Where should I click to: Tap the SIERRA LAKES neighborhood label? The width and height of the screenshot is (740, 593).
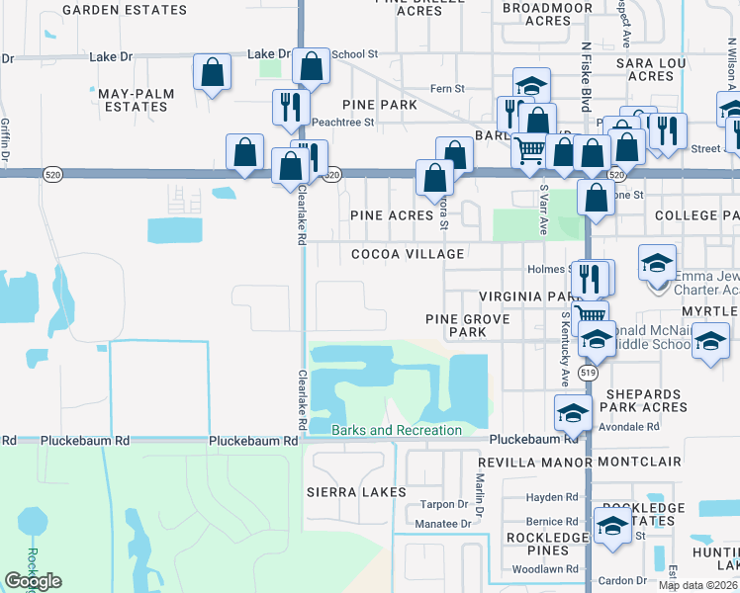tap(356, 492)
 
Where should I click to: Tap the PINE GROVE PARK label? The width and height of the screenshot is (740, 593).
tap(467, 326)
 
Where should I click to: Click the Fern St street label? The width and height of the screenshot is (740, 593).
tap(447, 89)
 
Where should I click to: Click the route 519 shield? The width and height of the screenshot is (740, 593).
tap(589, 374)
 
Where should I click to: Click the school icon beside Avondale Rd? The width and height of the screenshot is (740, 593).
tap(572, 412)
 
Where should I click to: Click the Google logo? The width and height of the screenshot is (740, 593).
tap(33, 581)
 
